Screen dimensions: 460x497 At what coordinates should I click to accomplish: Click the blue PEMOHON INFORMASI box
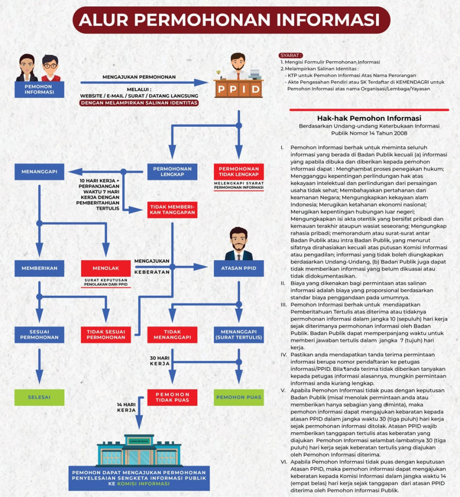pos(39,89)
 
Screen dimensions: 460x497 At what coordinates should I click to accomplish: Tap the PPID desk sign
pos(238,89)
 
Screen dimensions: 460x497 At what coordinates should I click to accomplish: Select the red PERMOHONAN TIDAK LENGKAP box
pos(239,171)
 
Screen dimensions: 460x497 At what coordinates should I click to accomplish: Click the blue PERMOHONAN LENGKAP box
pos(172,171)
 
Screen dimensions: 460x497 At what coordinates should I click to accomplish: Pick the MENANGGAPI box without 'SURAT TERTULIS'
pos(39,171)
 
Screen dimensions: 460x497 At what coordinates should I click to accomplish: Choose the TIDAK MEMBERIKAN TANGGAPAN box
pos(172,210)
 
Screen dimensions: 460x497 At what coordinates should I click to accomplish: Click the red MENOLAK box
pos(105,268)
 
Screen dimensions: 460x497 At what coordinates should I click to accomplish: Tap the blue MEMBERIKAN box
pos(39,268)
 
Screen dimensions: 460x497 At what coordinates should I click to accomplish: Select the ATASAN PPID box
pos(239,268)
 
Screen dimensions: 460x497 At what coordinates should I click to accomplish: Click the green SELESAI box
pos(39,397)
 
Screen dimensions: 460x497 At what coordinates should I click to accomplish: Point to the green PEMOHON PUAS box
pos(239,397)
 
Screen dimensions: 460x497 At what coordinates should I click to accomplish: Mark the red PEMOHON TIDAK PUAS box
pos(172,397)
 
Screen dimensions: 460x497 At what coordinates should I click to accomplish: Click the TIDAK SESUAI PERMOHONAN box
pos(105,334)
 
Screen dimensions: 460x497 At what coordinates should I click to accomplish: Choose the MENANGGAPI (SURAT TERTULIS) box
pos(239,334)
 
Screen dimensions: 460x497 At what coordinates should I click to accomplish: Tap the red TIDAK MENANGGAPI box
pos(172,334)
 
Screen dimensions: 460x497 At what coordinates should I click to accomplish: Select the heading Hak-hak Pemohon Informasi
pos(369,118)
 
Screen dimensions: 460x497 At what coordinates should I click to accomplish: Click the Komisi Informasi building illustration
pos(139,450)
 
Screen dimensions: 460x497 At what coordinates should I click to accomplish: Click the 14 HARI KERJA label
pos(126,408)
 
